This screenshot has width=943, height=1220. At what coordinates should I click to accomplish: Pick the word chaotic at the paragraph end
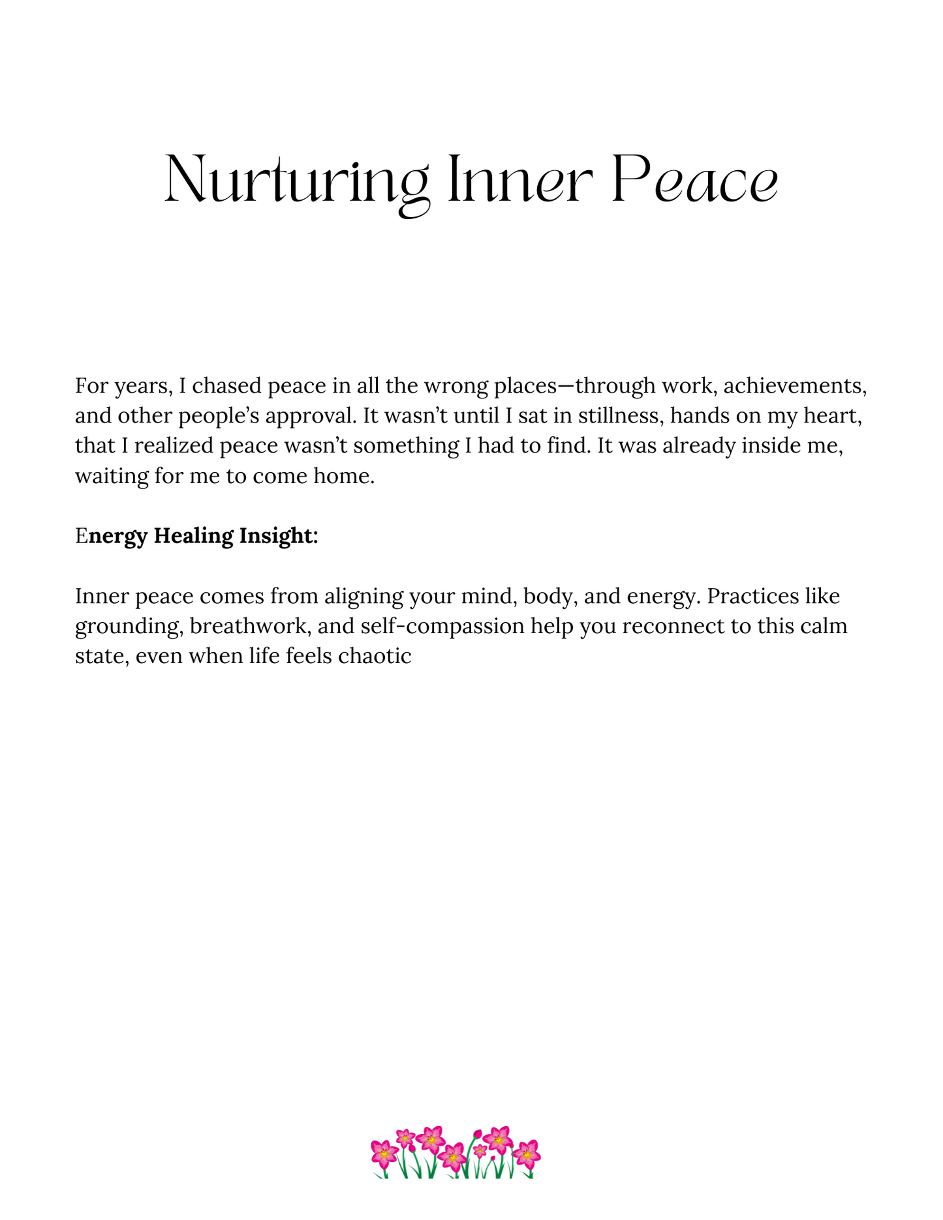point(375,656)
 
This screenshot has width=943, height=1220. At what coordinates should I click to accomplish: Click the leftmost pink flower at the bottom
point(384,1153)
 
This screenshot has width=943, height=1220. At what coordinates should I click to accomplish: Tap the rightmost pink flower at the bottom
point(527,1153)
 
